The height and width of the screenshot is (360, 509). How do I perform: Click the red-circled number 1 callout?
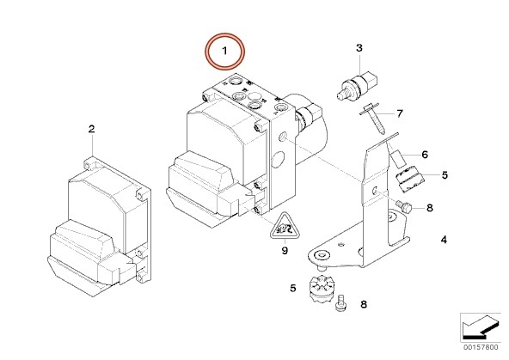[227, 52]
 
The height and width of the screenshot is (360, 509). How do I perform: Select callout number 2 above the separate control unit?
[91, 129]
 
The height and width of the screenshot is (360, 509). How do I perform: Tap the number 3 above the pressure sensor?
[359, 47]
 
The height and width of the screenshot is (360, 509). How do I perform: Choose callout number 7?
[423, 113]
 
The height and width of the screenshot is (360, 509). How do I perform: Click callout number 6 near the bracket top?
[423, 154]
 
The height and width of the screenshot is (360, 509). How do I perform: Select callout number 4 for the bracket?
[444, 239]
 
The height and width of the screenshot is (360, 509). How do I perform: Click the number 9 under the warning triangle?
[283, 251]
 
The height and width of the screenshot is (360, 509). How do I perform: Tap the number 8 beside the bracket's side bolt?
[429, 207]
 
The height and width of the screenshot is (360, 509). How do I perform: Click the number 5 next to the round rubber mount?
[292, 289]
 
